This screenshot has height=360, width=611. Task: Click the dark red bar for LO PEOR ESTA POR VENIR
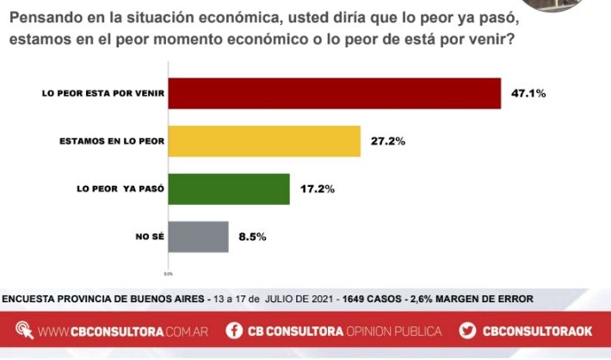334,93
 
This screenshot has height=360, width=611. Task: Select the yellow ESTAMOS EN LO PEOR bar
263,140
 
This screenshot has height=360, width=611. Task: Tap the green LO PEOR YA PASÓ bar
228,189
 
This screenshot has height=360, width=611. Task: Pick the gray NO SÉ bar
198,236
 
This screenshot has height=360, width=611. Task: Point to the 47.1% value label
529,93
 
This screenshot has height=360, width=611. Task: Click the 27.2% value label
388,140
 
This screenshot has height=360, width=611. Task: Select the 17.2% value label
318,189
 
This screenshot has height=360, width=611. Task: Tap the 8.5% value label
253,236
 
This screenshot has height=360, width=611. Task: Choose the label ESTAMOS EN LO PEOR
110,140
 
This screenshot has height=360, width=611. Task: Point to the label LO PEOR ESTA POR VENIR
102,93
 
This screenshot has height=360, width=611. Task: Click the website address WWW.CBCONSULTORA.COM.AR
122,332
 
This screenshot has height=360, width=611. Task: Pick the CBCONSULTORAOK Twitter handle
537,332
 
